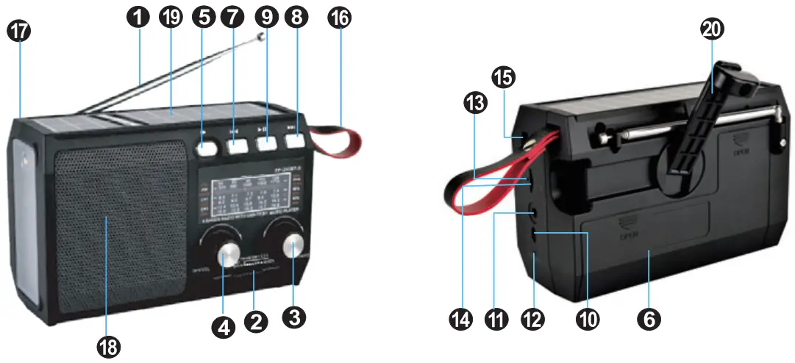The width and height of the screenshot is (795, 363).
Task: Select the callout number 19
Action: pyautogui.click(x=172, y=18)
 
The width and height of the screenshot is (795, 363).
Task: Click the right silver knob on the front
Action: pyautogui.click(x=294, y=248)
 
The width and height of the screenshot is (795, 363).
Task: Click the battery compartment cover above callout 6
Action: pyautogui.click(x=647, y=231)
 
